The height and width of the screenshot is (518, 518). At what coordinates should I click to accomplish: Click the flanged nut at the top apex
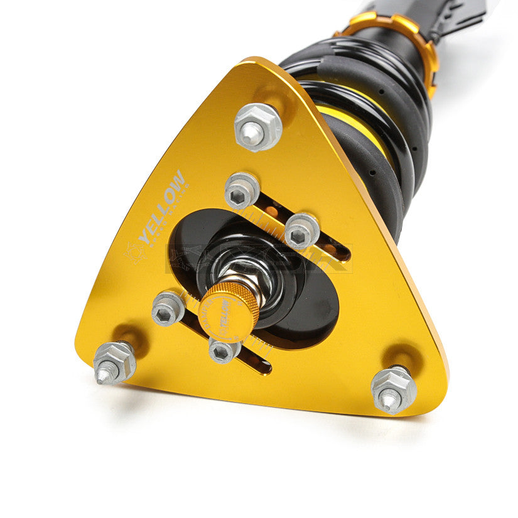tap(257, 127)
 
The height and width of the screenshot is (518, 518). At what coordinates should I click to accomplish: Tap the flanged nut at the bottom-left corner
tap(114, 362)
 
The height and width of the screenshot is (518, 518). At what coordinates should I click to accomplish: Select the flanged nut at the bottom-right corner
tap(394, 389)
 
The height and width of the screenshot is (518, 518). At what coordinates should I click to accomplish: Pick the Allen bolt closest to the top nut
tap(242, 191)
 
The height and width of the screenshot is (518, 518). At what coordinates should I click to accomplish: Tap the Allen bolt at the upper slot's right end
tap(302, 231)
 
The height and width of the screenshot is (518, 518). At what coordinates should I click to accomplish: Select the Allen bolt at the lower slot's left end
tap(168, 308)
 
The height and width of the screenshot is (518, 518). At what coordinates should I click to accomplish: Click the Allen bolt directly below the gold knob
tap(224, 350)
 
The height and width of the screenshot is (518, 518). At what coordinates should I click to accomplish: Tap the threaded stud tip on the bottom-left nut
tap(102, 375)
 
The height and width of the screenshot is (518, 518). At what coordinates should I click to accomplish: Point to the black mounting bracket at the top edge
tap(452, 16)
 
